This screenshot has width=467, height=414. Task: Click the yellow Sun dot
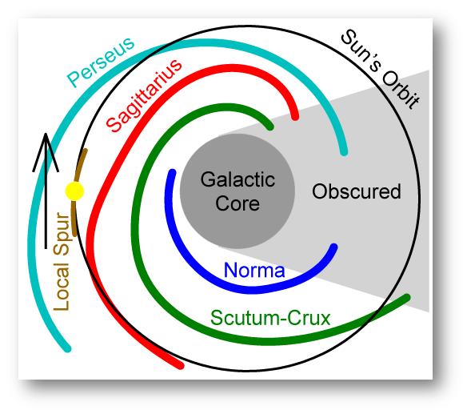click(x=74, y=191)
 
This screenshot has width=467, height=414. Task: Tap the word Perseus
click(x=101, y=62)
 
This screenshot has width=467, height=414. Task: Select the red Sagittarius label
click(x=144, y=95)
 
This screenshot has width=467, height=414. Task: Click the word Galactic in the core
click(x=237, y=179)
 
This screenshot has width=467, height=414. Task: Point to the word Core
click(x=237, y=203)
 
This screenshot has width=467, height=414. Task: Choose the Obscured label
click(x=356, y=191)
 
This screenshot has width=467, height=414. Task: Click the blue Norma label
click(x=254, y=270)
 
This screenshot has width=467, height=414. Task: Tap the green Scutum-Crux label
click(x=270, y=318)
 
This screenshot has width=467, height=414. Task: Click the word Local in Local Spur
click(x=61, y=287)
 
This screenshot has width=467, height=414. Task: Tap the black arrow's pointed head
click(x=46, y=134)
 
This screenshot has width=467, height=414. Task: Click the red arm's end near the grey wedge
click(x=295, y=117)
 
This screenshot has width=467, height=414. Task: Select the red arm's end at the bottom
click(x=181, y=366)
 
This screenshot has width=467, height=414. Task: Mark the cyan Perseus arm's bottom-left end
click(x=68, y=348)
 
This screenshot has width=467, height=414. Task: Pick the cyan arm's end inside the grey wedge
click(x=344, y=152)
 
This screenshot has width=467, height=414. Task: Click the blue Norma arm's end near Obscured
click(x=334, y=247)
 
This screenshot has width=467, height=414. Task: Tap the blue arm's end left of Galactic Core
click(x=172, y=172)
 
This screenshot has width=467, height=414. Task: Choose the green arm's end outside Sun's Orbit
click(x=407, y=297)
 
